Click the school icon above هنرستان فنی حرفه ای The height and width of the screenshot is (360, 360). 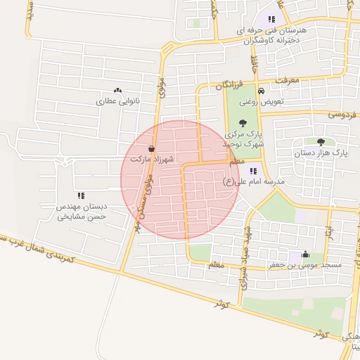(x=271, y=20)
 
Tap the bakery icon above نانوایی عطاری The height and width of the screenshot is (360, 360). (x=117, y=91)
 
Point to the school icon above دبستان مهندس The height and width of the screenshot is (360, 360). (x=81, y=195)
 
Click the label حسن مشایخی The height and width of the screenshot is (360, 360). (x=80, y=217)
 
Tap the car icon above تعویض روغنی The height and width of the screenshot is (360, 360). (x=261, y=91)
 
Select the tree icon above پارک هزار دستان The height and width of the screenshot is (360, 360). (x=321, y=141)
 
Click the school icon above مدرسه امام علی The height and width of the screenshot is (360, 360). (x=253, y=171)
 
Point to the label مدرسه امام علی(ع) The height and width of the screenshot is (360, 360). (x=253, y=181)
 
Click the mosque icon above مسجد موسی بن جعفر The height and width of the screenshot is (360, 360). (x=304, y=255)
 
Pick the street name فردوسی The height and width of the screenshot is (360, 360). (x=340, y=113)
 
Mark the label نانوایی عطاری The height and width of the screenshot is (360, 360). (x=117, y=101)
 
